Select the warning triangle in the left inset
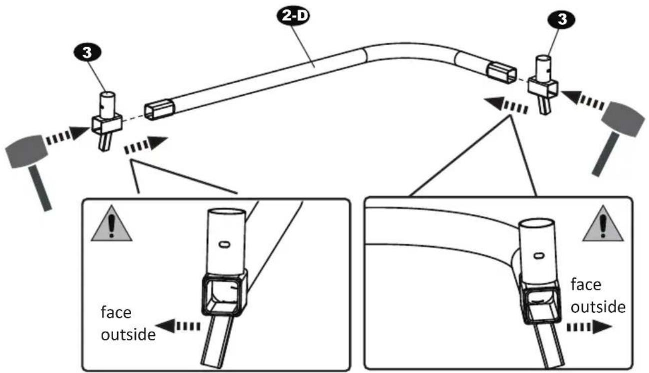click(111, 224)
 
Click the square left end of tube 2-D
click(159, 109)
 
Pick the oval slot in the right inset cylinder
click(539, 256)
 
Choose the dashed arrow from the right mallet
click(581, 99)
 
